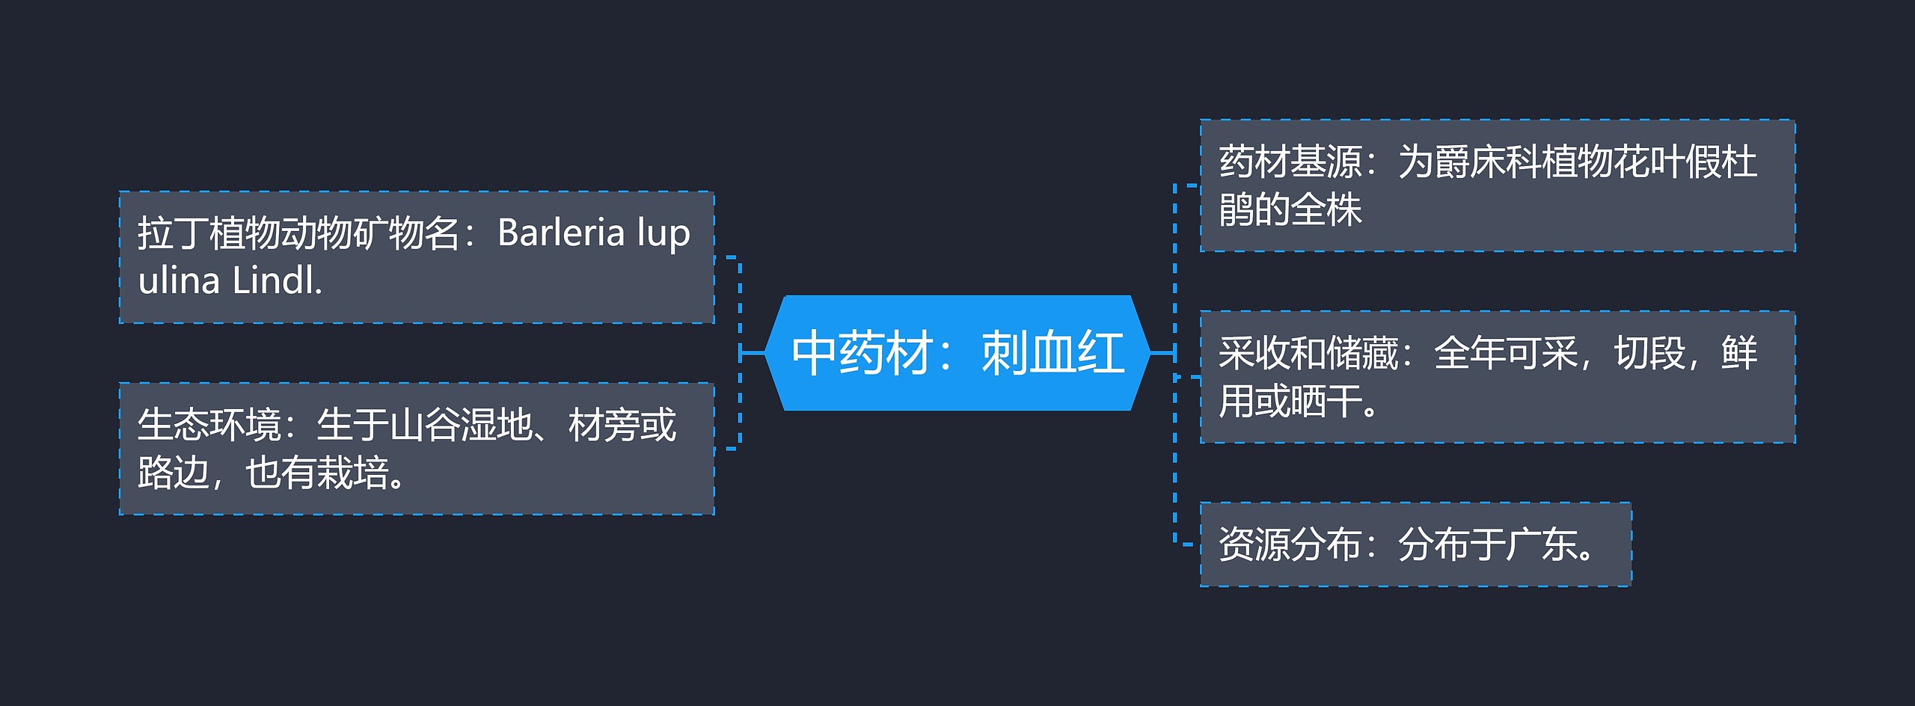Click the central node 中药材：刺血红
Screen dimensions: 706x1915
957,353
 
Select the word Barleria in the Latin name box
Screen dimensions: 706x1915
560,233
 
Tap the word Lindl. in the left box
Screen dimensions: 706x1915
277,281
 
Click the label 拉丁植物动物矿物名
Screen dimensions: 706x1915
298,233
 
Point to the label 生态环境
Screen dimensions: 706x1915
209,425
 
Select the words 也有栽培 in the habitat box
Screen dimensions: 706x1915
316,473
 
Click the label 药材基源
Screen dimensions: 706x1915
1290,162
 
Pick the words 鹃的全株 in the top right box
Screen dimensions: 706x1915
1290,209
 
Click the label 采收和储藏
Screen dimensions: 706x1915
1308,353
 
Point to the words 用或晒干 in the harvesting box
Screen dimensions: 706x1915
1290,401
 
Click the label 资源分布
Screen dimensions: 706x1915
1290,544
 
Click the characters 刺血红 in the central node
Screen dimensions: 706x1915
1053,353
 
